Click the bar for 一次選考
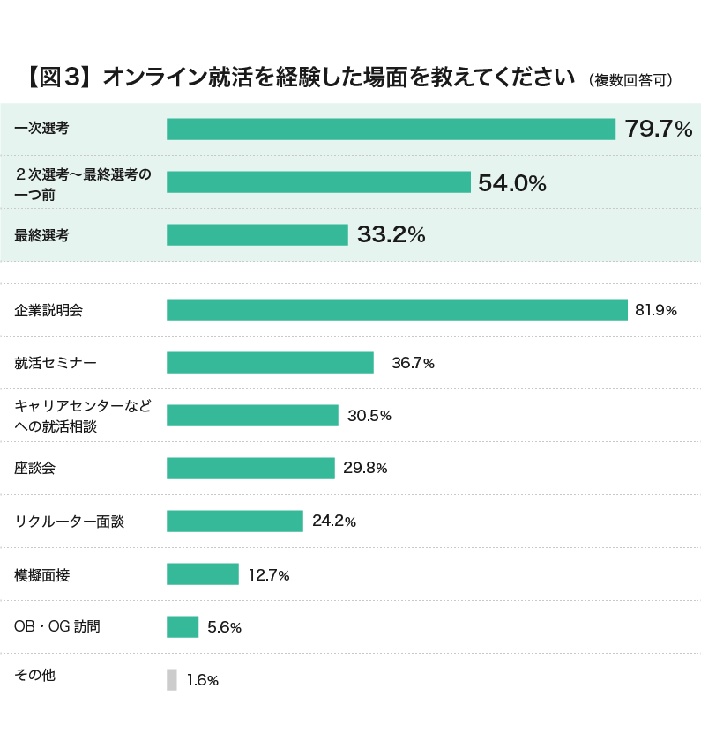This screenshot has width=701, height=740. point(391,129)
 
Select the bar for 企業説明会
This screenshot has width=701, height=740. point(397,310)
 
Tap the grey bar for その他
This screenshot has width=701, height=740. point(172,679)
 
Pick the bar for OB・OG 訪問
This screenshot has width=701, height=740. point(183,626)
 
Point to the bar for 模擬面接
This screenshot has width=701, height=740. point(203,574)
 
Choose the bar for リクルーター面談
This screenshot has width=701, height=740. point(235,522)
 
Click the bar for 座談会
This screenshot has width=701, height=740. point(250,468)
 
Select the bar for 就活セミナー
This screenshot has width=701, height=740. point(270,363)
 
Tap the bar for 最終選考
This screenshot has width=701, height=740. point(257,234)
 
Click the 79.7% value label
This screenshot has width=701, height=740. point(659,129)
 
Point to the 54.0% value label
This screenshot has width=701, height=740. point(512,182)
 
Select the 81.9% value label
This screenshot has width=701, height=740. point(656,310)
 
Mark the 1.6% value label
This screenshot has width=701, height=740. point(203,680)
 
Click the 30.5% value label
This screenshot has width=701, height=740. point(369,416)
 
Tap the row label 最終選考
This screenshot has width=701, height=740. point(41,235)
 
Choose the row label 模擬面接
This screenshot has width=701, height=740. point(41,575)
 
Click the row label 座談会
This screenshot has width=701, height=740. point(35,469)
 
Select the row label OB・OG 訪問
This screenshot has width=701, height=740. point(57,627)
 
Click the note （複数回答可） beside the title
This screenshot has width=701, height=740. point(630,80)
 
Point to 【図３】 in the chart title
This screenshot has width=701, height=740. point(56,78)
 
